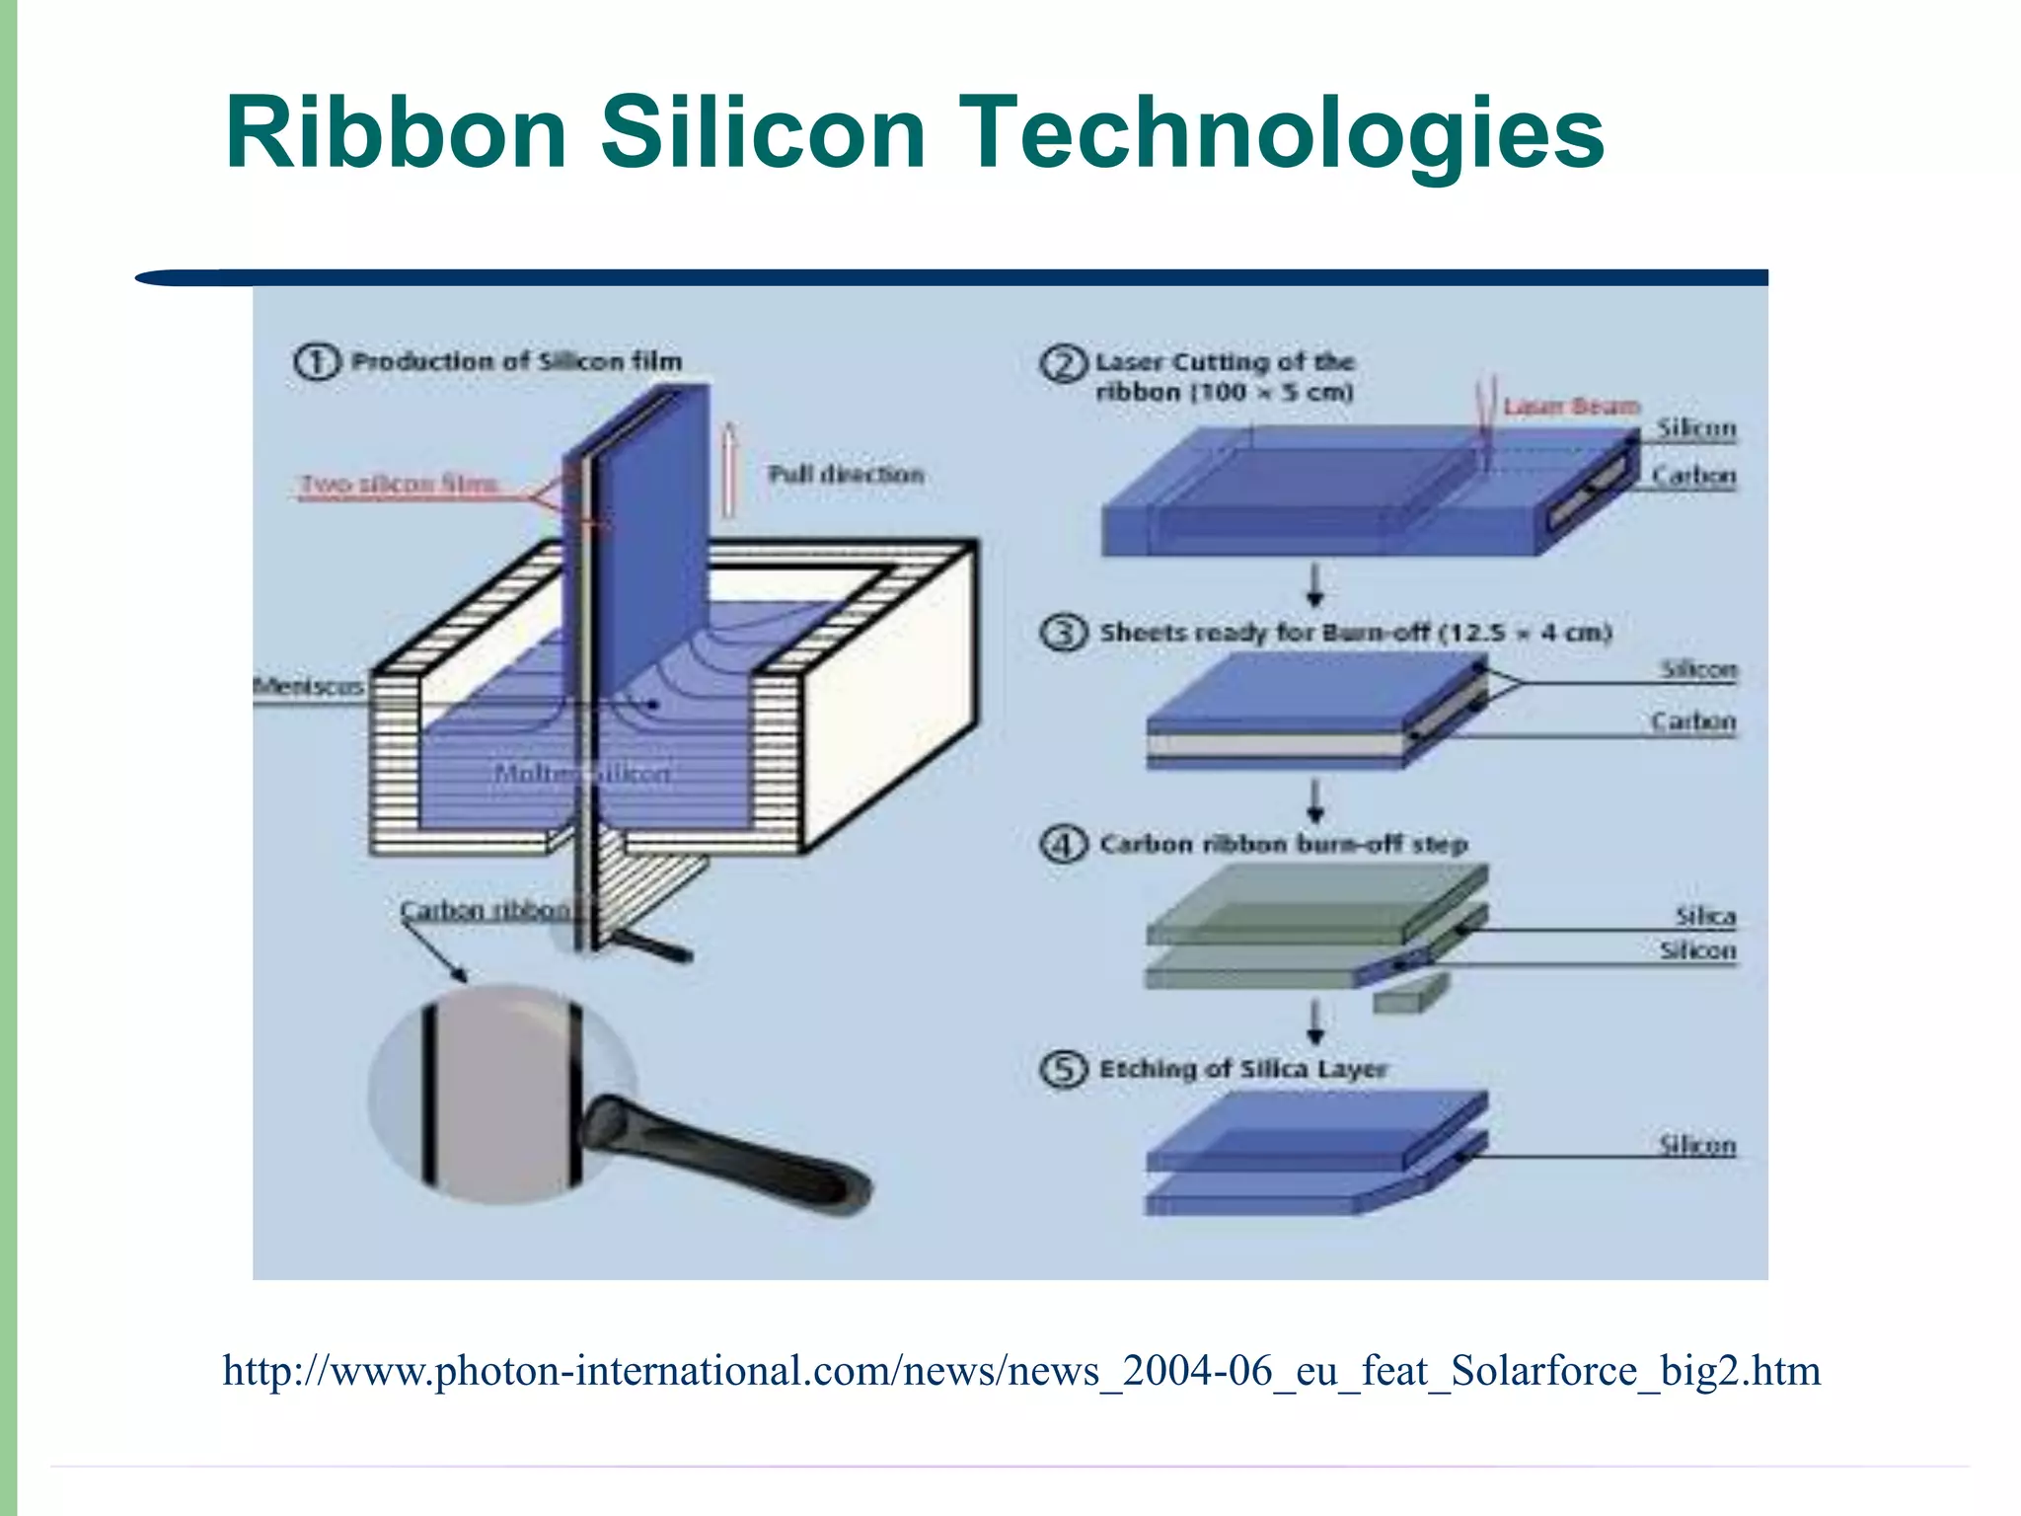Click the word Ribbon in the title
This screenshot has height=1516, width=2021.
(396, 133)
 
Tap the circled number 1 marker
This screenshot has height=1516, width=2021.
(317, 361)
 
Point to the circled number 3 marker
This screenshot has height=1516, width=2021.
(1064, 632)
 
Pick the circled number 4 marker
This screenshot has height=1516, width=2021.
(1064, 845)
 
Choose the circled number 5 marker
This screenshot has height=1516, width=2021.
(1064, 1069)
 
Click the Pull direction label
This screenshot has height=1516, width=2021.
(846, 475)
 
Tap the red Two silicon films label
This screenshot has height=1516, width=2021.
(399, 485)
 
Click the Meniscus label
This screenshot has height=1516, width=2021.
(308, 686)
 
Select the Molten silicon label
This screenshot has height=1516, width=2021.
(582, 773)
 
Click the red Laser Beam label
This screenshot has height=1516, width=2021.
(1571, 407)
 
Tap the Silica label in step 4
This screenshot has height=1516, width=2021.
(1704, 916)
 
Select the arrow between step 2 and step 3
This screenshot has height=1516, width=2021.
(1315, 585)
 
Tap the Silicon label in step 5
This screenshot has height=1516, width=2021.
(1696, 1145)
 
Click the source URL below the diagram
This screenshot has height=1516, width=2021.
(1021, 1371)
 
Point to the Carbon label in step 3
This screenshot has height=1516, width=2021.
(1692, 721)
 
